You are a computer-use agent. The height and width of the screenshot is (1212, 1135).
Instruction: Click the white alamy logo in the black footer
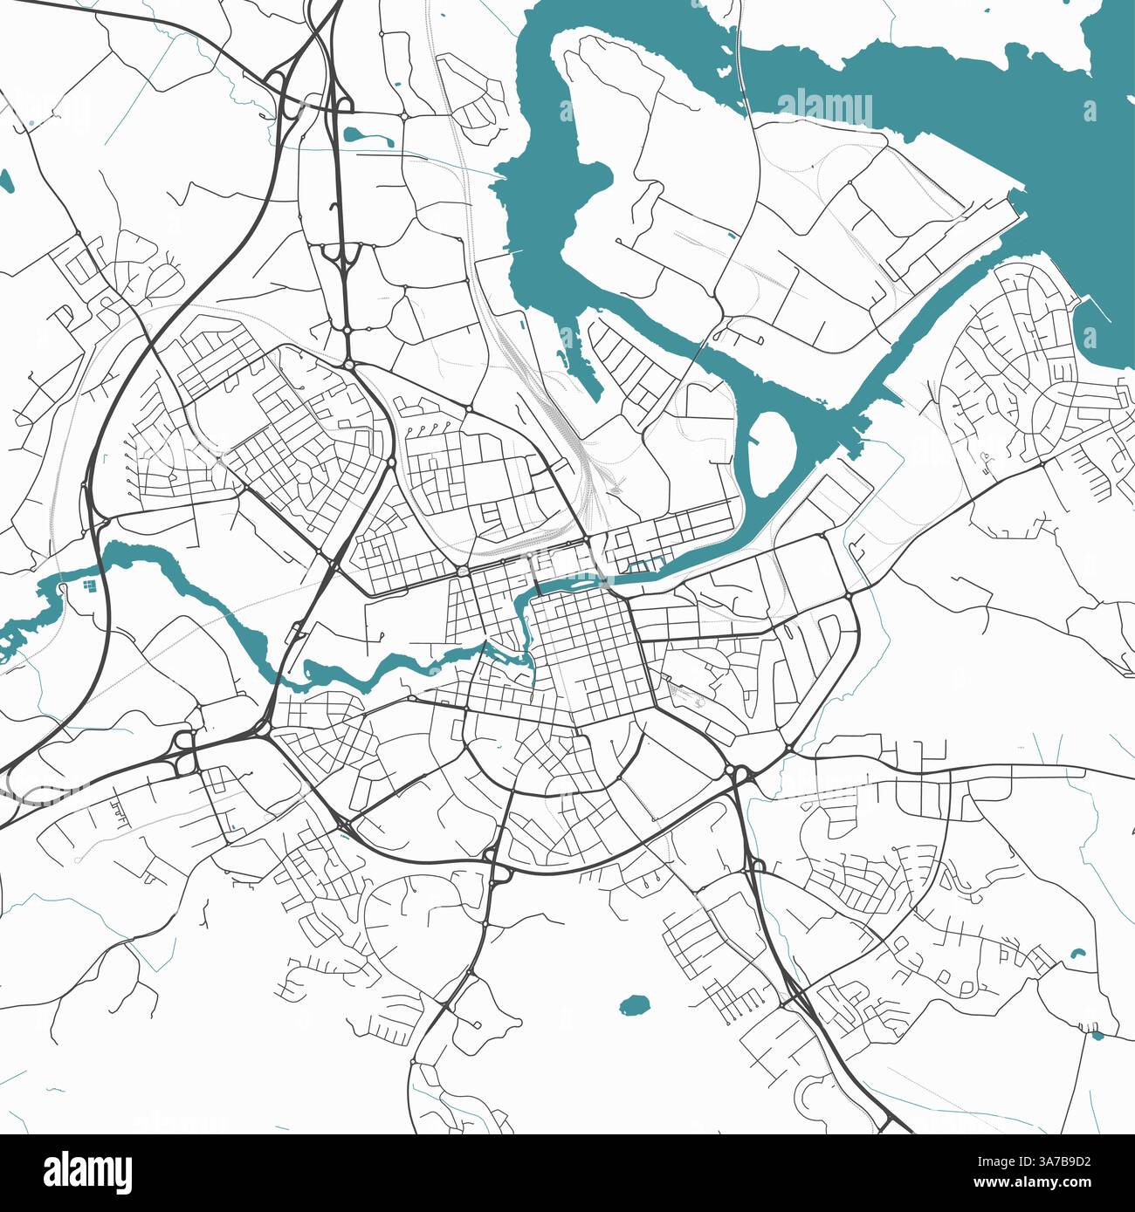click(88, 1172)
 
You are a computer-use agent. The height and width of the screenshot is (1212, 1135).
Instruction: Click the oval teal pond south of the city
click(636, 1005)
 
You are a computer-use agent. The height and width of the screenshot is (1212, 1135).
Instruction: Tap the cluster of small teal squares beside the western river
click(87, 585)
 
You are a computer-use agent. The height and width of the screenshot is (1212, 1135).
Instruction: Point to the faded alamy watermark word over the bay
click(824, 108)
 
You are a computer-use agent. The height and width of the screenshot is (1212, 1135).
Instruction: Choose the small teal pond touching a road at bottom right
click(1097, 1035)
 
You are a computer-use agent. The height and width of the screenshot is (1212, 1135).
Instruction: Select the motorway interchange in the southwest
click(184, 750)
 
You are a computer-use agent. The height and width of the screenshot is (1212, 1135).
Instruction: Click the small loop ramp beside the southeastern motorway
click(756, 864)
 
